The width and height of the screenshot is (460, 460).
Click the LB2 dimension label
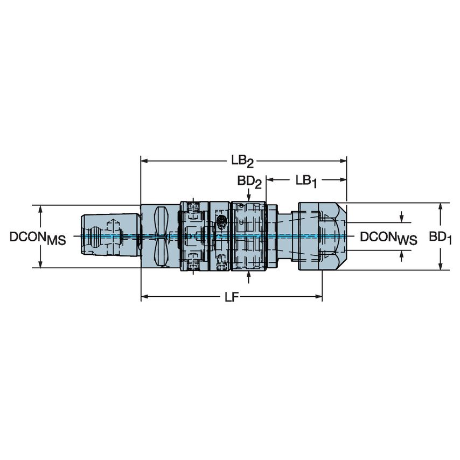[x=242, y=161]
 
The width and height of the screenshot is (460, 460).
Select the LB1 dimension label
[x=306, y=182]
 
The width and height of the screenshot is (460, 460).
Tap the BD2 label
[x=249, y=182]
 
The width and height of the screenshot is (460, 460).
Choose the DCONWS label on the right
[x=388, y=238]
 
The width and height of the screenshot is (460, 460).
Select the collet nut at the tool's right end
[x=320, y=236]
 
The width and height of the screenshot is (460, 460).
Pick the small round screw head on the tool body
[x=221, y=220]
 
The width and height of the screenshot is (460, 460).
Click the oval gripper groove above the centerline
[x=161, y=220]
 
